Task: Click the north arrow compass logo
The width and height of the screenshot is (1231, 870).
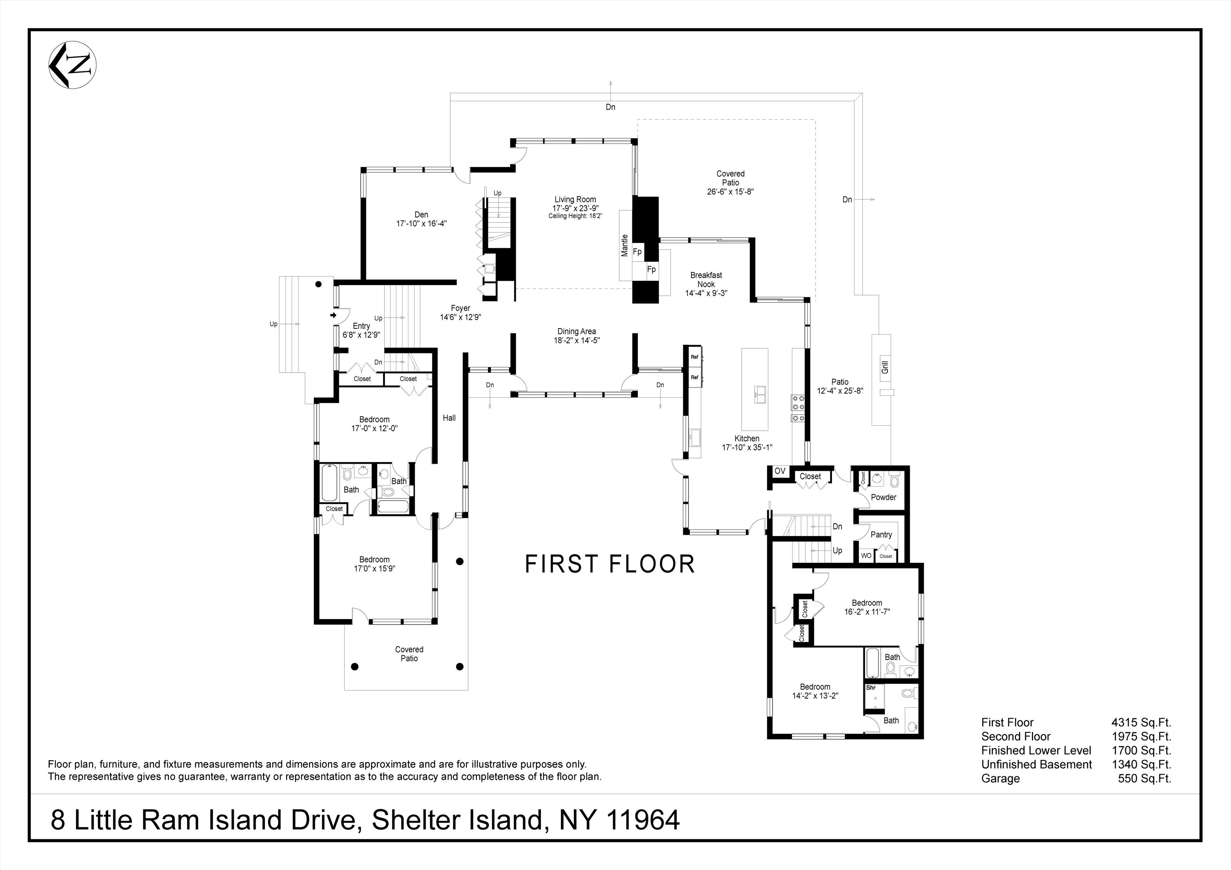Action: point(72,64)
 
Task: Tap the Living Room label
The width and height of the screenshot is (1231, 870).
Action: point(575,199)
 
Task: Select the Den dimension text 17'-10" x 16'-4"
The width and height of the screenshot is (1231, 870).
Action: point(421,224)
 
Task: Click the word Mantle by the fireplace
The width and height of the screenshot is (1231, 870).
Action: point(624,245)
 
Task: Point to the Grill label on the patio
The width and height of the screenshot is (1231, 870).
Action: point(885,367)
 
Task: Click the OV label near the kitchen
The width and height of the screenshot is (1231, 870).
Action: point(780,471)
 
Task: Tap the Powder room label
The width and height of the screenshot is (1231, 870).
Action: point(883,497)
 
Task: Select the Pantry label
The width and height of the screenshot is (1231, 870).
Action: point(881,534)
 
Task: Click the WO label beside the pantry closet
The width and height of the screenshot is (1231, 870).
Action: point(866,556)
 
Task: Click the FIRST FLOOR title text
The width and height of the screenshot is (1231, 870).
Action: point(610,564)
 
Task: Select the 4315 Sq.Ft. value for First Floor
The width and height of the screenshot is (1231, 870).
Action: point(1141,723)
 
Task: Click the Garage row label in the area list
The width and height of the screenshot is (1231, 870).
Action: point(1000,779)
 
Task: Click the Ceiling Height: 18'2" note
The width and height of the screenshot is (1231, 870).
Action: point(575,216)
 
